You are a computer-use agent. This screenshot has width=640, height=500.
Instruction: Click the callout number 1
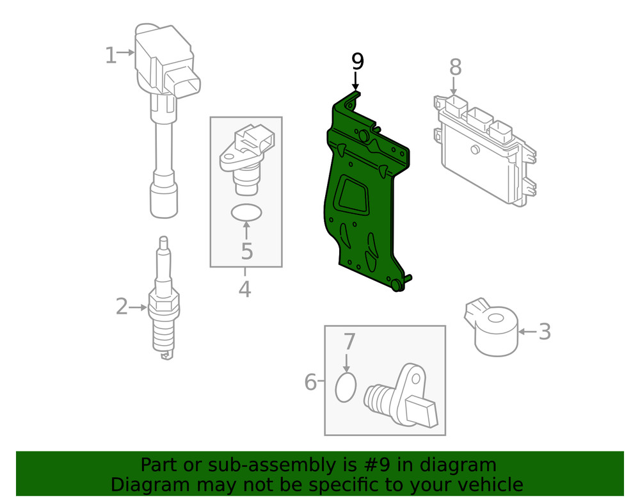(x=111, y=56)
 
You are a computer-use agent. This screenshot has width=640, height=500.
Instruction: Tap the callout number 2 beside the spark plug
(x=122, y=307)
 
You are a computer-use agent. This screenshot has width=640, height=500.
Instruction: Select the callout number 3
(x=544, y=332)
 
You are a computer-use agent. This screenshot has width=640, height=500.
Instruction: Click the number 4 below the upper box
(x=244, y=289)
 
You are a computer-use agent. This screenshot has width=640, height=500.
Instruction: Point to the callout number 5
(x=247, y=251)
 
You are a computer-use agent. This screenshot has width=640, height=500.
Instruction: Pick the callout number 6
(x=311, y=383)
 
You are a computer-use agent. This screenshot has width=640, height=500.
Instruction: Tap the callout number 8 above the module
(x=455, y=66)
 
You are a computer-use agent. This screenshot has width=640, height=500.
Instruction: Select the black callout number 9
(x=357, y=61)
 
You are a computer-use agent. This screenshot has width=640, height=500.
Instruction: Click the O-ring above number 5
(x=246, y=213)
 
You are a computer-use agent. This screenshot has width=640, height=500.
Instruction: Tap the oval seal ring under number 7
(x=346, y=387)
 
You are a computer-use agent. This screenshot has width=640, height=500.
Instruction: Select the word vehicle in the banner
(x=486, y=484)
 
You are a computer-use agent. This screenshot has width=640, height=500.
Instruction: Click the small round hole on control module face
(x=474, y=151)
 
